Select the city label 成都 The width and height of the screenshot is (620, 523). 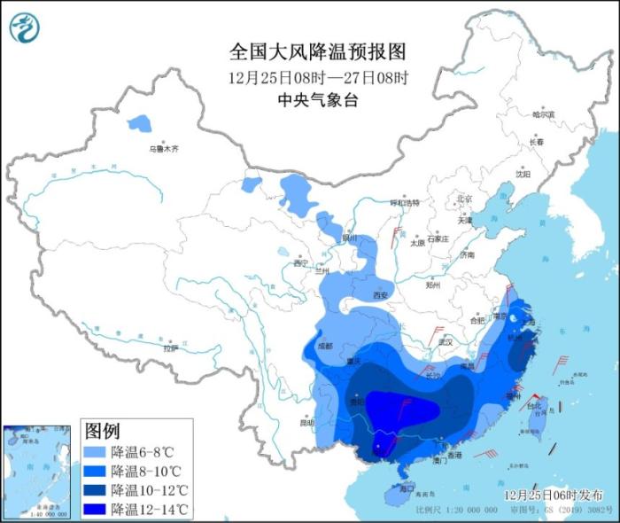tap(323, 346)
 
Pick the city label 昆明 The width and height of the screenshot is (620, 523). tap(308, 423)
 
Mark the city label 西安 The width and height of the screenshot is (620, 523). tap(381, 294)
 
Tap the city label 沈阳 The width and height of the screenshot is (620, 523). tap(523, 175)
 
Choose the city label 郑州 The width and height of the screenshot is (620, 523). tap(433, 285)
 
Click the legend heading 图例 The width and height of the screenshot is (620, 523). tap(102, 432)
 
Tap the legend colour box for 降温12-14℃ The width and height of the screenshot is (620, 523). tap(95, 509)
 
